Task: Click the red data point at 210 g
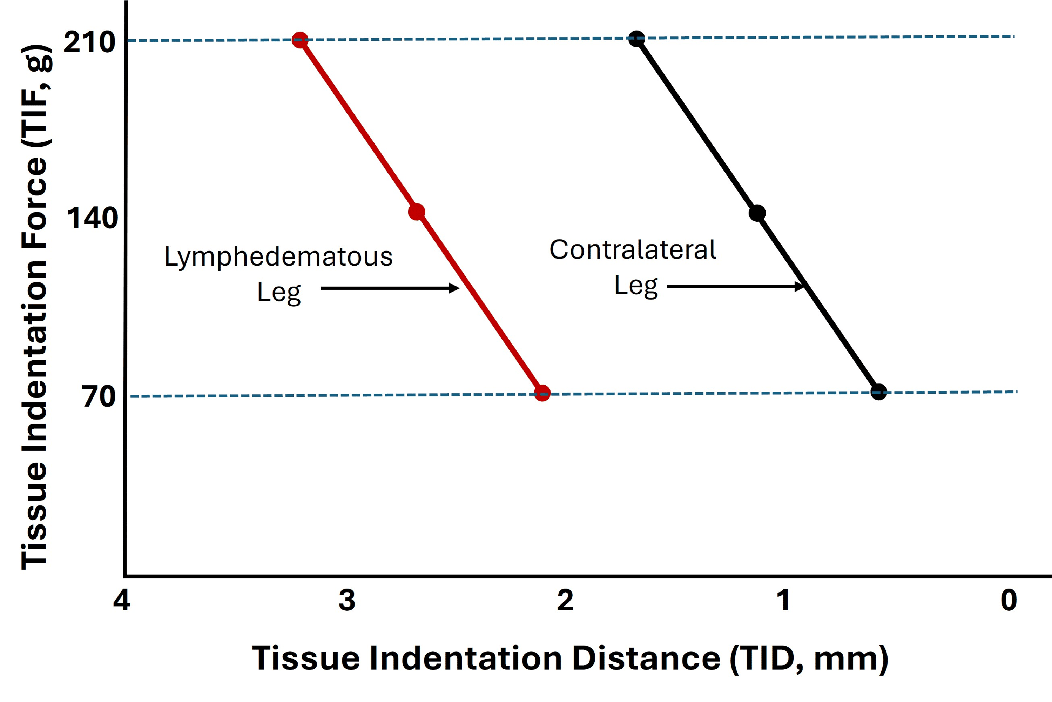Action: (x=300, y=40)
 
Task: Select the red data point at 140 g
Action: (x=417, y=212)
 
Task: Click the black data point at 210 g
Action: (x=636, y=39)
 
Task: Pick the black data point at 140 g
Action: (x=757, y=213)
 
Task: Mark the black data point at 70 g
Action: (x=878, y=392)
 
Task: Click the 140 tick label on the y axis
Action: (x=92, y=219)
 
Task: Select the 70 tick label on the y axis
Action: (x=99, y=397)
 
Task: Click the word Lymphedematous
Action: (x=278, y=257)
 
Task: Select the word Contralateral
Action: (x=632, y=250)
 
